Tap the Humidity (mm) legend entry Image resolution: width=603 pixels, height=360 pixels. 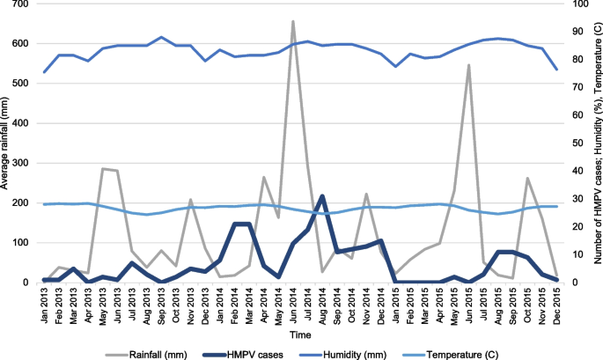[x=374, y=351]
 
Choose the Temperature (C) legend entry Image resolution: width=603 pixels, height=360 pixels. [x=483, y=351]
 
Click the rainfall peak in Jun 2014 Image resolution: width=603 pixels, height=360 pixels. [x=292, y=21]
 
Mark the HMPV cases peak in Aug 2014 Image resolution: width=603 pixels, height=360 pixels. [x=322, y=196]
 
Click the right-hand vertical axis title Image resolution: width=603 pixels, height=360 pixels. [x=597, y=143]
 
